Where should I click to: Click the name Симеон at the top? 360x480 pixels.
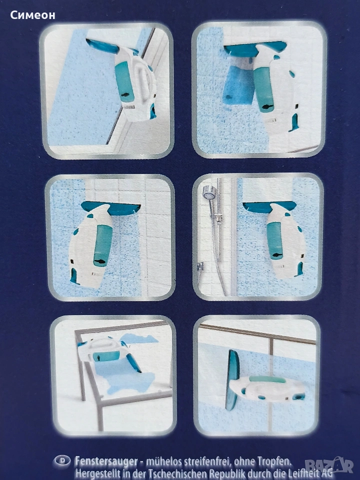pos(33,15)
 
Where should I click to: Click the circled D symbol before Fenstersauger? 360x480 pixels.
pos(62,460)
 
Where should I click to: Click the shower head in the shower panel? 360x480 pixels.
pos(209,192)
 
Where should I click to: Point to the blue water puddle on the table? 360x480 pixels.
pos(128,377)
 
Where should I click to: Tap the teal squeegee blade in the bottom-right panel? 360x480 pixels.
pos(232,380)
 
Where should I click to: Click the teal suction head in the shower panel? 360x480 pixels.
pos(269,207)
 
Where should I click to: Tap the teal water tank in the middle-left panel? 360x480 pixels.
pos(103,245)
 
